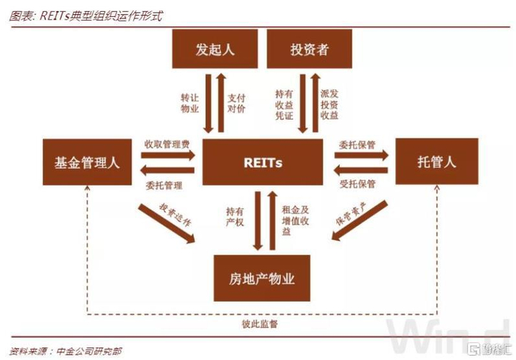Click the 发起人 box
tap(215, 51)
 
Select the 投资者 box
tap(309, 51)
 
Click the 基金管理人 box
tap(86, 162)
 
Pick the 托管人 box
tap(436, 162)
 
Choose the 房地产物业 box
tap(262, 278)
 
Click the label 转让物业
tap(190, 103)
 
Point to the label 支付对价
tap(236, 103)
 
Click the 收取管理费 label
tap(167, 142)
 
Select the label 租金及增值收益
tap(287, 219)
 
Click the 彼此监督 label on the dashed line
tap(262, 324)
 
